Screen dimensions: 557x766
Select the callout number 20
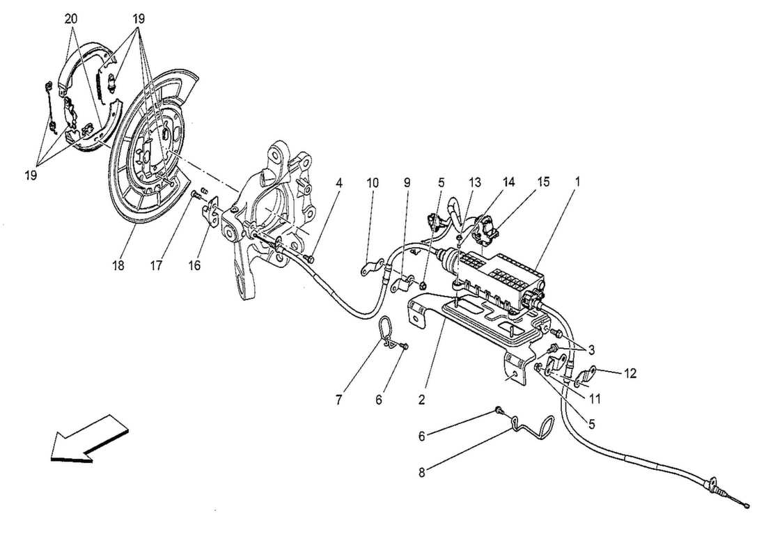71,19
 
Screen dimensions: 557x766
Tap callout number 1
577,182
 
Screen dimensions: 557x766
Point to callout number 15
542,182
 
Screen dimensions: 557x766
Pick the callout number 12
630,374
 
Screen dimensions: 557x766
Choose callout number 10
373,182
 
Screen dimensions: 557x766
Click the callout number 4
338,182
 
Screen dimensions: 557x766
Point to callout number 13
474,182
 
